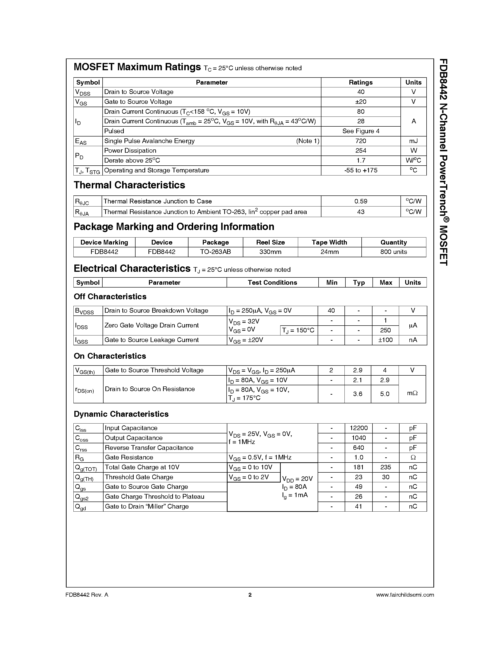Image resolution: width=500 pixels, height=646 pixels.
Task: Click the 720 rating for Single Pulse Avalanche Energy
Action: pos(360,141)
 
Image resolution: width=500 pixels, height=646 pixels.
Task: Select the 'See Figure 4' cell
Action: pos(360,131)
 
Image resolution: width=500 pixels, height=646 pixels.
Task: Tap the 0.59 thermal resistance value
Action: pos(360,201)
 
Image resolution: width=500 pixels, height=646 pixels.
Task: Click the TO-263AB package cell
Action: pos(215,252)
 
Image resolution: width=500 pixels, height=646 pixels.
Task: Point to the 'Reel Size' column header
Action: pos(270,242)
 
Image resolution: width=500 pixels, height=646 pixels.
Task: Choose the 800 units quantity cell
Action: pos(393,252)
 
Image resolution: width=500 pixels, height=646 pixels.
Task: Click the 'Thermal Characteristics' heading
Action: pos(129,185)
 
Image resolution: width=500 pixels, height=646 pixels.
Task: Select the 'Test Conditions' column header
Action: pos(272,282)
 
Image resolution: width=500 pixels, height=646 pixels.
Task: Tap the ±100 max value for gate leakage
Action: pos(385,340)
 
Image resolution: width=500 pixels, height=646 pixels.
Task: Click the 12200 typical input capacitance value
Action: pos(358,428)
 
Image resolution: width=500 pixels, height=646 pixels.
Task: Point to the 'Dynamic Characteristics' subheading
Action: pos(121,414)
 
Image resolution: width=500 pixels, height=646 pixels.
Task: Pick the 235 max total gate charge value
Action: pos(385,467)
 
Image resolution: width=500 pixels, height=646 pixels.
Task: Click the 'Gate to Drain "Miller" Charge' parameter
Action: pos(147,506)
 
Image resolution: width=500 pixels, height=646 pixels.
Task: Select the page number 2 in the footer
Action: pos(250,595)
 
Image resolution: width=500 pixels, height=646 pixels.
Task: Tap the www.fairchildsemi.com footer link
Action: pos(405,595)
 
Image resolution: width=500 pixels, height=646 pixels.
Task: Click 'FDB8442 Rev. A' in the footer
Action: pos(87,595)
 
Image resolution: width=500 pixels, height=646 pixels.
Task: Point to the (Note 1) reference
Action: pos(308,141)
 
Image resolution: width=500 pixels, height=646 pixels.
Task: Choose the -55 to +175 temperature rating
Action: pos(360,170)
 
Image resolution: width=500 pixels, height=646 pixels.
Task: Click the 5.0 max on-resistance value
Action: pos(384,394)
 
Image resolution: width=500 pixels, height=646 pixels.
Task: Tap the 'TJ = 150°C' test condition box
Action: pos(298,330)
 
